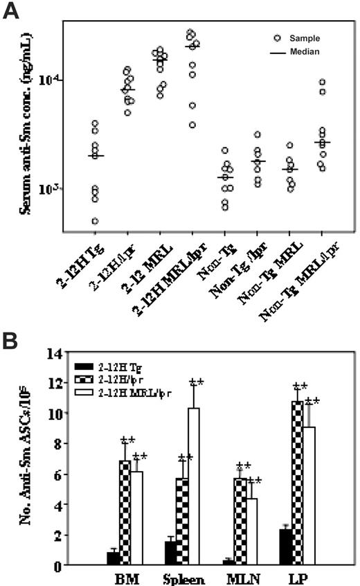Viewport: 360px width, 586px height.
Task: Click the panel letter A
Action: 12,12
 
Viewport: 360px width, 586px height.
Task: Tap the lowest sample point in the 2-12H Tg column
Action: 96,221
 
